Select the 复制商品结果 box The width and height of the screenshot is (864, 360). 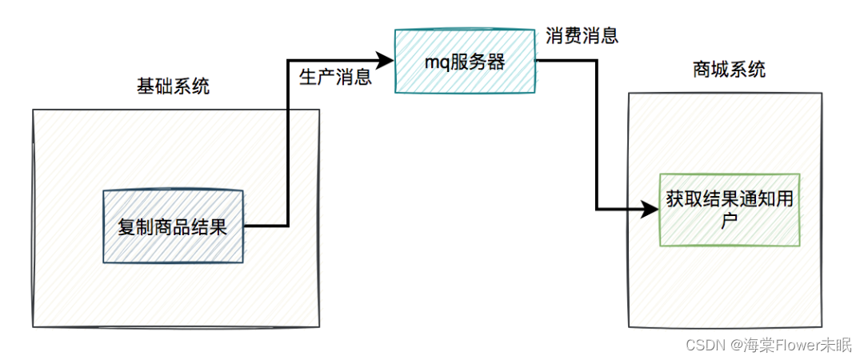(x=172, y=226)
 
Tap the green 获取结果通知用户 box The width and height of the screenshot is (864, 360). (x=728, y=210)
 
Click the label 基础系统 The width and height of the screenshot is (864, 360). (x=174, y=86)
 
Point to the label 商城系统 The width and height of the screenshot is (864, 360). (x=729, y=70)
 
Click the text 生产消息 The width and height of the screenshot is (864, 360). (x=335, y=77)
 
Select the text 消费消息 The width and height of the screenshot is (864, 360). (x=582, y=36)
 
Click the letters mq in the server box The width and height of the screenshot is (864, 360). (x=438, y=62)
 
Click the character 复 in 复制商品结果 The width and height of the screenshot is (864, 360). (x=126, y=227)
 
